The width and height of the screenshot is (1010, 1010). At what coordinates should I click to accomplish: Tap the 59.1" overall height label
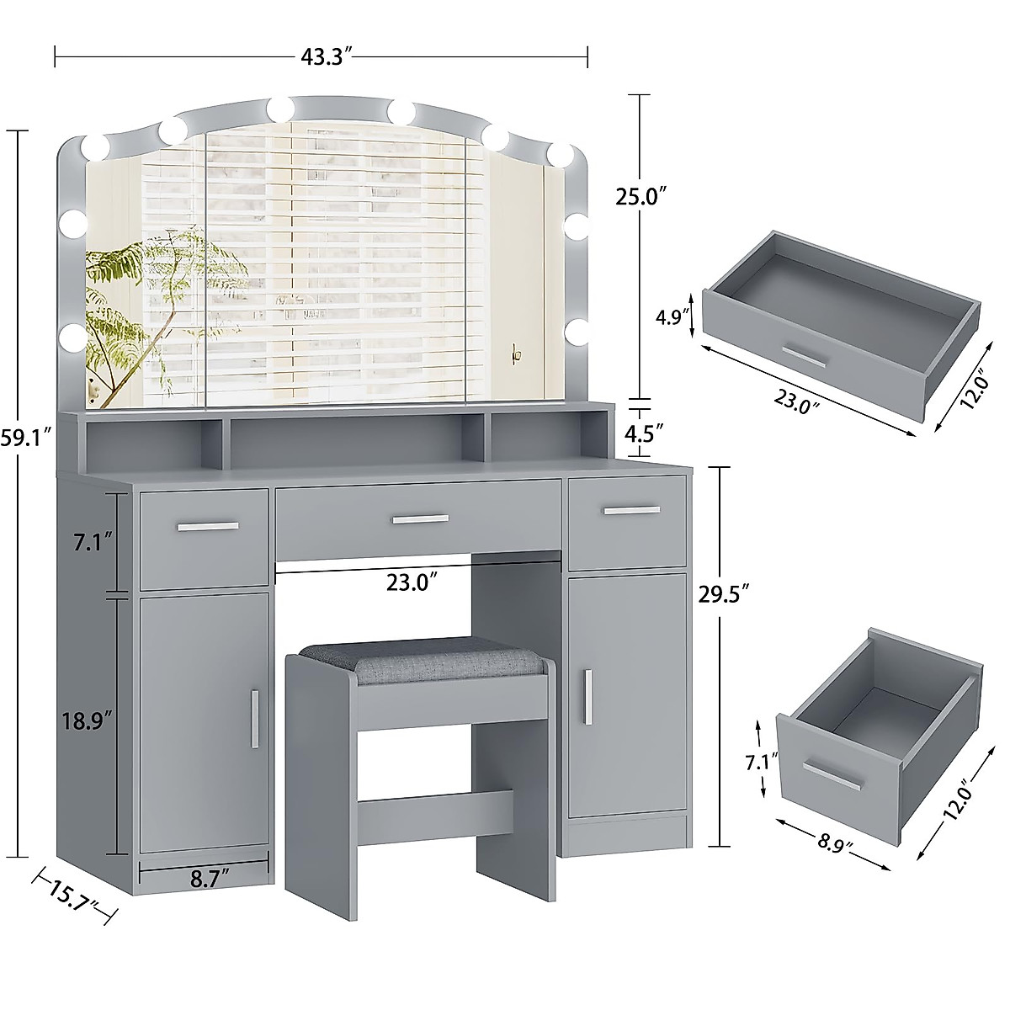[x=26, y=437]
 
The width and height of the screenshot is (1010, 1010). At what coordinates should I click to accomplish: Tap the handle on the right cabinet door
[x=591, y=695]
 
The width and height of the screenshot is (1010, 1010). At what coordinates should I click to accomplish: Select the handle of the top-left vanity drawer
[x=208, y=527]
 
